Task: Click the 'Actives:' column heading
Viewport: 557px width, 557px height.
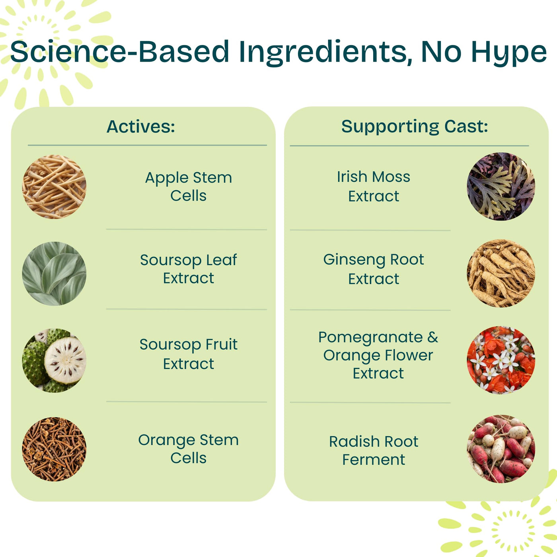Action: tap(141, 127)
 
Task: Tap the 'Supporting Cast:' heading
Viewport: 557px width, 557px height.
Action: tap(415, 127)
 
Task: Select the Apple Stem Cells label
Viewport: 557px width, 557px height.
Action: tap(189, 187)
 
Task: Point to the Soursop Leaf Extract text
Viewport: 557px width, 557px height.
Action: tap(189, 269)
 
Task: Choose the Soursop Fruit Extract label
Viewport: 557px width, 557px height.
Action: tap(189, 354)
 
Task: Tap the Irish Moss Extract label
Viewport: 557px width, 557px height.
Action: tap(374, 186)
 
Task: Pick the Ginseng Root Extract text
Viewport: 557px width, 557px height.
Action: tap(374, 269)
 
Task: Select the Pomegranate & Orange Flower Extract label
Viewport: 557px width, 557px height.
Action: tap(378, 355)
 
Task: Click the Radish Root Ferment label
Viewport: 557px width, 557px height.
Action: tap(374, 450)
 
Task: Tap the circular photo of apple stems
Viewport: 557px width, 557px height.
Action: tap(54, 187)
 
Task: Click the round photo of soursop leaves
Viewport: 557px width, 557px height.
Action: tap(54, 274)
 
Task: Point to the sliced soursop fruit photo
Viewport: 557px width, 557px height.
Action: tap(54, 360)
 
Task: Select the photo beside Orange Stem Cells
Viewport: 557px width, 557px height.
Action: tap(54, 449)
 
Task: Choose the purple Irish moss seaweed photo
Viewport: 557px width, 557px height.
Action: tap(501, 187)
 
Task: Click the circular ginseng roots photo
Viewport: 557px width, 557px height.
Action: tap(501, 273)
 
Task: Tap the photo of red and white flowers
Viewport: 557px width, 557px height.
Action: tap(501, 360)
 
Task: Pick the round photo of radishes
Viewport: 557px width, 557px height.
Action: tap(501, 449)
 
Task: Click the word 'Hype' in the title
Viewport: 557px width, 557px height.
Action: tap(509, 52)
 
